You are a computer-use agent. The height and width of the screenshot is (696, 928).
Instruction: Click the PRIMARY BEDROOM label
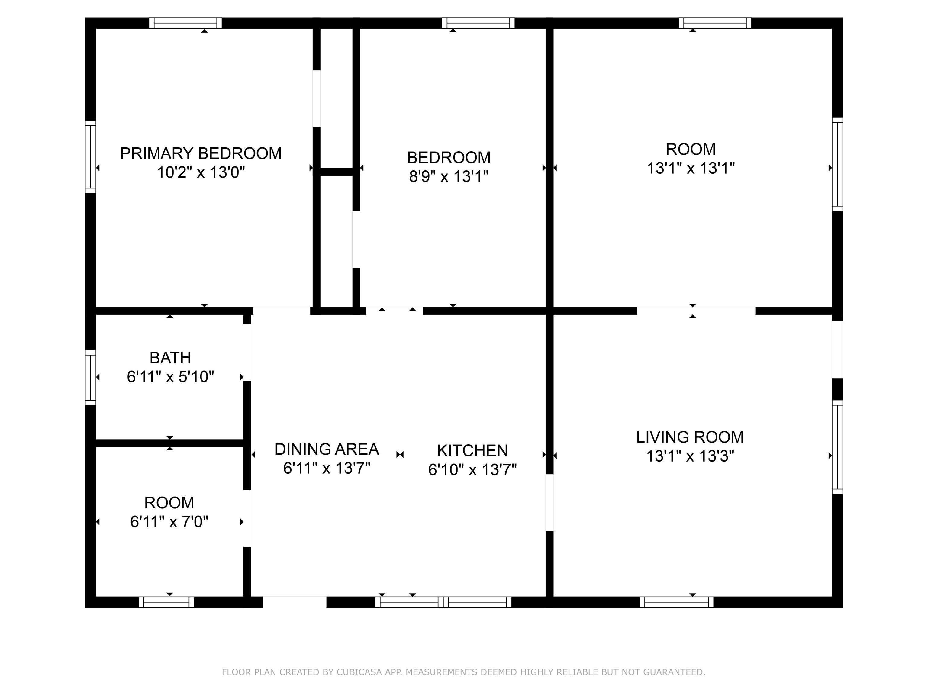click(x=201, y=153)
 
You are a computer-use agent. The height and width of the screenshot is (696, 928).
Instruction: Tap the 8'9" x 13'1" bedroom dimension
click(x=449, y=176)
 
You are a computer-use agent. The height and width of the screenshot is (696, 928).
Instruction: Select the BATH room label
click(x=170, y=358)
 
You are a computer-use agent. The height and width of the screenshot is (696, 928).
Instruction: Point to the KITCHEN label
click(x=472, y=451)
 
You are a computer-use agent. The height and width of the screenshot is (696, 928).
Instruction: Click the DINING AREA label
click(x=327, y=449)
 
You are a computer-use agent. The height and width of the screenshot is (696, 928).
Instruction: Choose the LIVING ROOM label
click(x=690, y=437)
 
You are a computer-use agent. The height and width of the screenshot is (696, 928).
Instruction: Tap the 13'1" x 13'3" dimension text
click(x=690, y=456)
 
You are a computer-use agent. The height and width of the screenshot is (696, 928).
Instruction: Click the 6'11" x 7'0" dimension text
click(x=169, y=522)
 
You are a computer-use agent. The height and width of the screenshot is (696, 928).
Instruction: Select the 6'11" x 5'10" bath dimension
click(x=170, y=377)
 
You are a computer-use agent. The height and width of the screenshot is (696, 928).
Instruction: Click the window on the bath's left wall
click(x=91, y=378)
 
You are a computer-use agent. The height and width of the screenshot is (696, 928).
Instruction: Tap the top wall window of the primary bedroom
click(x=185, y=23)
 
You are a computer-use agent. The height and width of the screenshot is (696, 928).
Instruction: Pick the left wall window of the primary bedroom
click(x=91, y=157)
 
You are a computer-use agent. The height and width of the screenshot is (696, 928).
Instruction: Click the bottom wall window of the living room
click(x=677, y=602)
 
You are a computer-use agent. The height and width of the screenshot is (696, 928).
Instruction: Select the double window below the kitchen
click(x=443, y=602)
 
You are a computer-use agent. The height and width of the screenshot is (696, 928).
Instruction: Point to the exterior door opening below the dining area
click(x=295, y=602)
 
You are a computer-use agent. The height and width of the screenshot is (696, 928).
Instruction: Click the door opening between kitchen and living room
click(x=549, y=503)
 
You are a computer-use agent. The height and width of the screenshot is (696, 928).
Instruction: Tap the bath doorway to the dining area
click(x=247, y=353)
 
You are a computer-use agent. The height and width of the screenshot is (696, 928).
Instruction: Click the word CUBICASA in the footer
click(x=359, y=672)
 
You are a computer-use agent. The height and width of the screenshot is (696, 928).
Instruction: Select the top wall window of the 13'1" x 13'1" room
click(x=715, y=23)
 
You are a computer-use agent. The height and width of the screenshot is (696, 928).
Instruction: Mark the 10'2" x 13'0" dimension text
click(x=201, y=172)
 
